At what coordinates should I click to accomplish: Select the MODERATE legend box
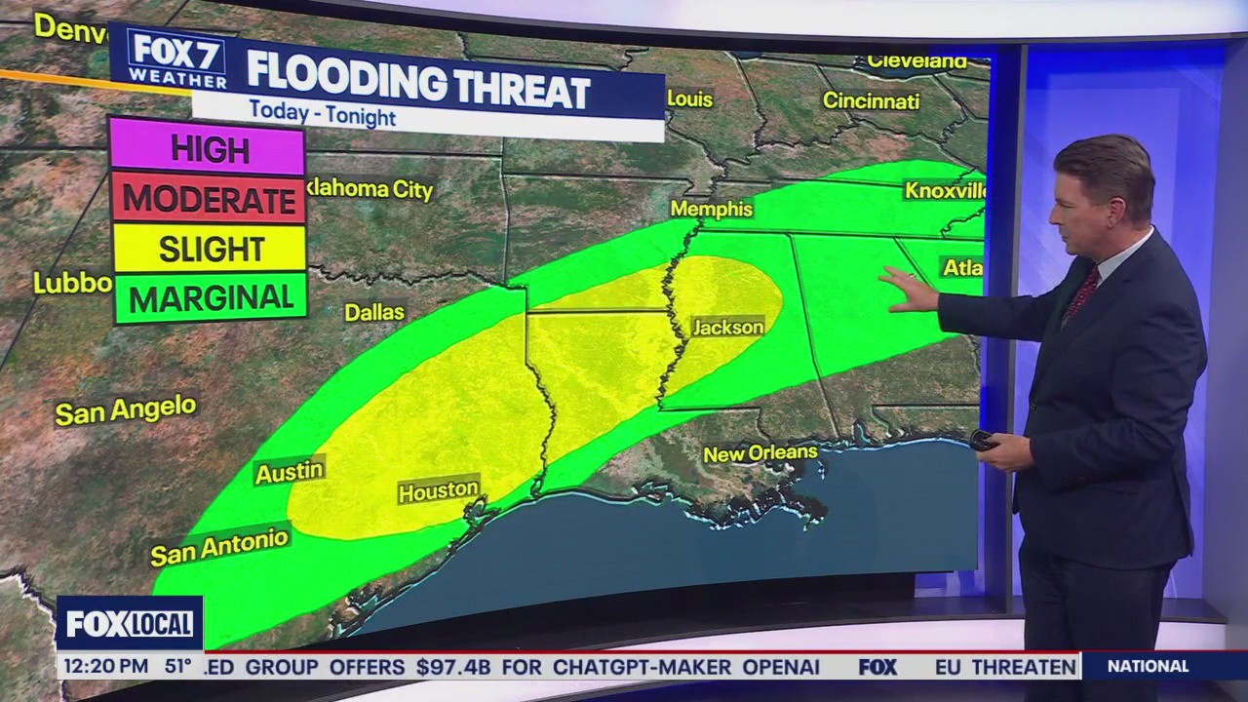pyautogui.click(x=208, y=199)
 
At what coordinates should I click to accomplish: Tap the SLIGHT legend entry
pyautogui.click(x=210, y=249)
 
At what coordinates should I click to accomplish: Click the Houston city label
pyautogui.click(x=439, y=489)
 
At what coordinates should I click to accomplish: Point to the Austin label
pyautogui.click(x=289, y=472)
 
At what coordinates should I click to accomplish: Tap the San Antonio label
pyautogui.click(x=219, y=547)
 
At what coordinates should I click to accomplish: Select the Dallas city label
pyautogui.click(x=374, y=312)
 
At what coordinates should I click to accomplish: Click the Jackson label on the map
pyautogui.click(x=727, y=328)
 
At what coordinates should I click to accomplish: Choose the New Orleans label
pyautogui.click(x=760, y=453)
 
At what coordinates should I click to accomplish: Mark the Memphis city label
pyautogui.click(x=712, y=209)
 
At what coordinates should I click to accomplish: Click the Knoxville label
pyautogui.click(x=944, y=190)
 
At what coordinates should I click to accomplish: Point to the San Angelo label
pyautogui.click(x=125, y=410)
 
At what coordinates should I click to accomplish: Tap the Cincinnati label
pyautogui.click(x=871, y=100)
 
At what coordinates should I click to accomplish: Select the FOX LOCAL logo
pyautogui.click(x=130, y=623)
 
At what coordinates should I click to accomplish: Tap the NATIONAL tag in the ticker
pyautogui.click(x=1148, y=667)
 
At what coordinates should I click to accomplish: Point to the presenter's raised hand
pyautogui.click(x=908, y=290)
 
